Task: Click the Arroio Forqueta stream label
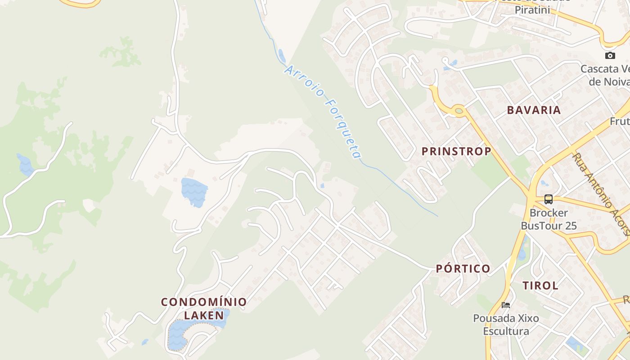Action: (x=323, y=112)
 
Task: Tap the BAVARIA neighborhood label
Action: (x=534, y=110)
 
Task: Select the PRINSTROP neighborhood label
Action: (x=456, y=151)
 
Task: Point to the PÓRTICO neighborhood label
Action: (x=463, y=269)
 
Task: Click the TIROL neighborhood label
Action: (x=540, y=285)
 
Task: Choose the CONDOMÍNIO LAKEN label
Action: (x=204, y=308)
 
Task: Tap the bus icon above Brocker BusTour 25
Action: (x=548, y=199)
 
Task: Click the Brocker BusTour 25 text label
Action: (x=549, y=219)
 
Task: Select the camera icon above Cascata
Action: (x=610, y=55)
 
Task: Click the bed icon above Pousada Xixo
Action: (x=506, y=305)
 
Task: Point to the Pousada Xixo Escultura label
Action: (x=506, y=325)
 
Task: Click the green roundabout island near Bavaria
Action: (x=459, y=110)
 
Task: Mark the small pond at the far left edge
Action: (x=25, y=165)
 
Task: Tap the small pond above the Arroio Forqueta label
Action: (x=282, y=55)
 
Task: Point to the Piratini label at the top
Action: (x=532, y=9)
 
